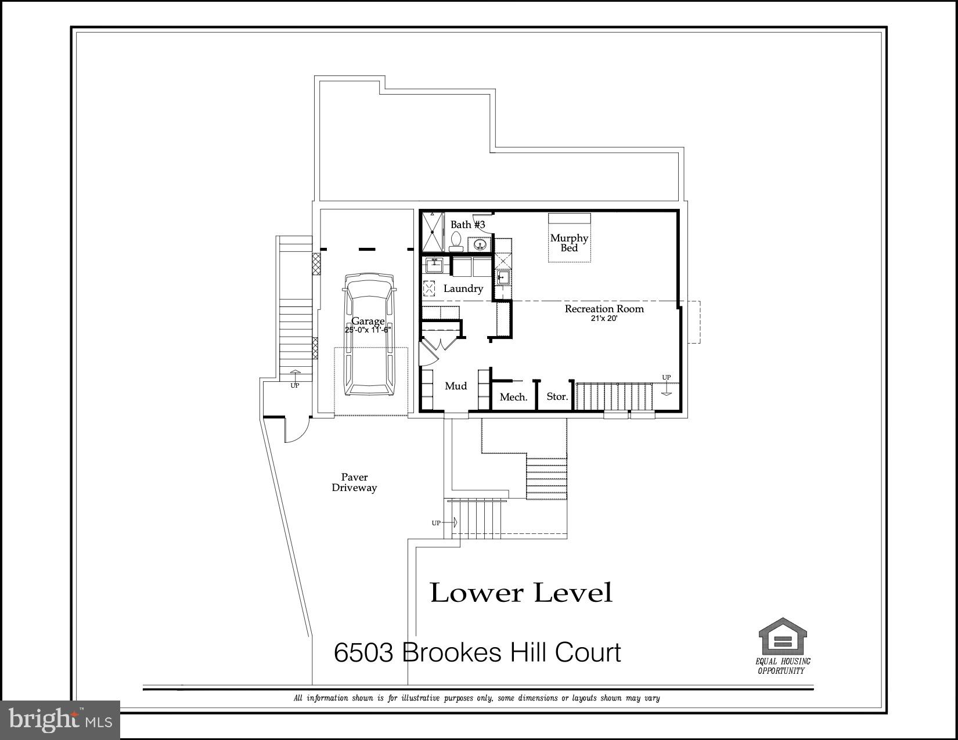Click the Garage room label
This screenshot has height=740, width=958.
click(x=368, y=321)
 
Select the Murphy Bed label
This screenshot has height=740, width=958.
click(x=569, y=243)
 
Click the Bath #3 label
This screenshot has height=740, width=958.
click(x=467, y=225)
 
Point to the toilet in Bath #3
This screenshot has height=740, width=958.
click(x=456, y=240)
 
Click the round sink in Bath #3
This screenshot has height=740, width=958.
click(x=480, y=244)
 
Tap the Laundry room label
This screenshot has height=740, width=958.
click(x=463, y=288)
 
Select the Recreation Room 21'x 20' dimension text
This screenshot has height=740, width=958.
click(x=604, y=318)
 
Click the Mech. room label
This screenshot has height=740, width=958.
click(x=513, y=397)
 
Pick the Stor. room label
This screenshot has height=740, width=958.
click(x=557, y=396)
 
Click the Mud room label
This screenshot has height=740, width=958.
click(x=455, y=386)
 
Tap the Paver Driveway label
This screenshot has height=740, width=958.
click(x=354, y=482)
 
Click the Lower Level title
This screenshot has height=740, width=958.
click(x=521, y=593)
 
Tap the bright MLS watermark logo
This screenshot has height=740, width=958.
click(x=60, y=720)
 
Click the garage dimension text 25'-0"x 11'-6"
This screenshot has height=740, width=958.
click(x=368, y=330)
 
